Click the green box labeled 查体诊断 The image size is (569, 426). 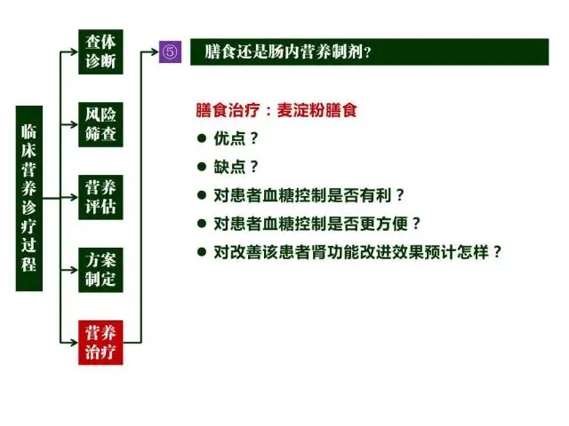click(x=100, y=51)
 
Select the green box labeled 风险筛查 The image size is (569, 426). click(x=100, y=124)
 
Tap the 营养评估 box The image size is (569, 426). click(x=100, y=197)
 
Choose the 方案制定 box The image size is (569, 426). click(x=100, y=270)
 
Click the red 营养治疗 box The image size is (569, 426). click(x=100, y=343)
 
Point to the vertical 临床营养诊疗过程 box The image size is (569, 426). click(x=29, y=198)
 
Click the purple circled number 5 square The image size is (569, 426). click(x=170, y=51)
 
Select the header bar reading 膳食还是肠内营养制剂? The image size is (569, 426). click(x=370, y=51)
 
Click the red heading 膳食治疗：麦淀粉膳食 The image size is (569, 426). click(x=276, y=110)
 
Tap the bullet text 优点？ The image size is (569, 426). click(x=236, y=138)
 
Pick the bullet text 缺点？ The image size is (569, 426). click(x=236, y=167)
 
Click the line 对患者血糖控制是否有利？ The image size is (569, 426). click(x=309, y=195)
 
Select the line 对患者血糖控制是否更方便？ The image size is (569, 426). click(x=317, y=224)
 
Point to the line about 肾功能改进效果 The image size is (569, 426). click(x=357, y=252)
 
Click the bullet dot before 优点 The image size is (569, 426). click(x=202, y=138)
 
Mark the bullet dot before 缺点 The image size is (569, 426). click(x=202, y=167)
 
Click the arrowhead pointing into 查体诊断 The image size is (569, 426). click(x=75, y=51)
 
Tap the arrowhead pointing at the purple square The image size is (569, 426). click(x=155, y=51)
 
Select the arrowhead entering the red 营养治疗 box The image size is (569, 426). click(x=75, y=343)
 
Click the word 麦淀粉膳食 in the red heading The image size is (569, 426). click(x=317, y=110)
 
